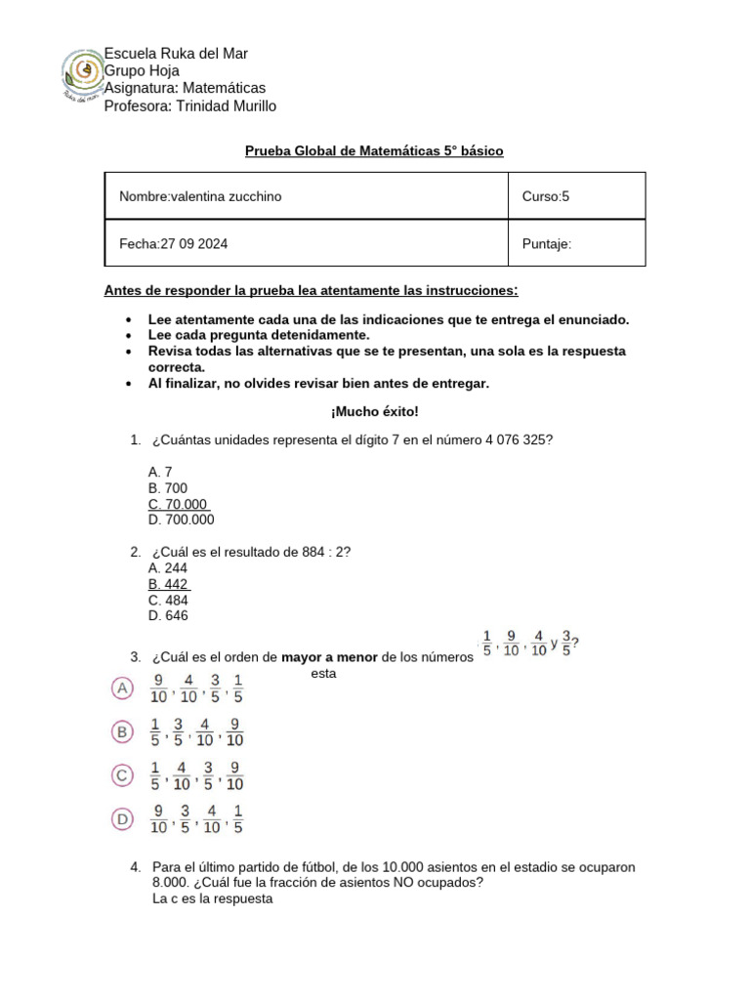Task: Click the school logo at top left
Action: click(x=83, y=77)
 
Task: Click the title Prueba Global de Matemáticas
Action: click(x=373, y=151)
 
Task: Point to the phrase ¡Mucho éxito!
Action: click(x=374, y=412)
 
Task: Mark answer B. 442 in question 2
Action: click(x=169, y=584)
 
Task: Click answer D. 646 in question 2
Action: click(x=168, y=616)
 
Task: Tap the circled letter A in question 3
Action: click(x=122, y=688)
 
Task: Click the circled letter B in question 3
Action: click(x=122, y=730)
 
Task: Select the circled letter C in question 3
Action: click(x=122, y=775)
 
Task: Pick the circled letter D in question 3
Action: click(x=122, y=819)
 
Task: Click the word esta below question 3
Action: click(x=322, y=673)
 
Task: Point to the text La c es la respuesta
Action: click(x=212, y=899)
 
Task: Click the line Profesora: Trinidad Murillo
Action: click(x=189, y=105)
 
